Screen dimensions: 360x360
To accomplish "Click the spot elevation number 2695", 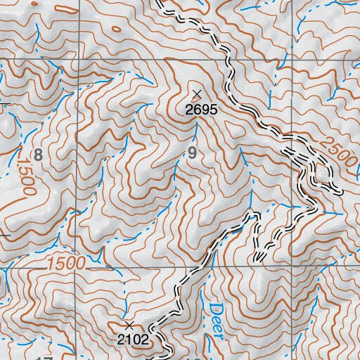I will (x=199, y=110).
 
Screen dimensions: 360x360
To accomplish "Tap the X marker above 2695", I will (x=197, y=94).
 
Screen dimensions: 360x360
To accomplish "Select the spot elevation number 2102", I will (x=133, y=339).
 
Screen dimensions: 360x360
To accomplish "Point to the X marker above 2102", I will (x=129, y=326).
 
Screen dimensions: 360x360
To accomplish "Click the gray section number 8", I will (x=38, y=155).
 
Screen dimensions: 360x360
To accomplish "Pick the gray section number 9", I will (x=191, y=153).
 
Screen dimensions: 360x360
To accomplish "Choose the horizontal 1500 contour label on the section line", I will (x=67, y=263).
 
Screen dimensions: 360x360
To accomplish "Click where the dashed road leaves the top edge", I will (x=159, y=2).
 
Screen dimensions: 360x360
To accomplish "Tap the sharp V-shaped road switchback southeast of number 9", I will (x=259, y=258).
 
